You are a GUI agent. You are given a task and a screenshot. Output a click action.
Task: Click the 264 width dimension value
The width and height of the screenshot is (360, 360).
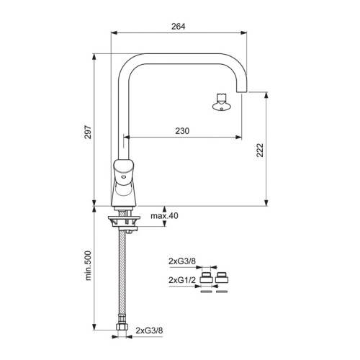[179, 27]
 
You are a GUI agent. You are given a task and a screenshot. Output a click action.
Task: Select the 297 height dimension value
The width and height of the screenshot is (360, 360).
[88, 132]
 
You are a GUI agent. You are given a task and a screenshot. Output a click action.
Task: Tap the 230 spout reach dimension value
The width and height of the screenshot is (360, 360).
[182, 131]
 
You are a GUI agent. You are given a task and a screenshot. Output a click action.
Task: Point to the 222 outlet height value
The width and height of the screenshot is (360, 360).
[260, 150]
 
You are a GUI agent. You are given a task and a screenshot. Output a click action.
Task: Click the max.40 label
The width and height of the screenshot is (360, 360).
[164, 216]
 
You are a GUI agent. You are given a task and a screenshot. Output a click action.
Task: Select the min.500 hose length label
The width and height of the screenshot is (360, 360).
[88, 266]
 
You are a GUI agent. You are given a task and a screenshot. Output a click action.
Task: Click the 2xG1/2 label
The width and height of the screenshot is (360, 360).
[182, 280]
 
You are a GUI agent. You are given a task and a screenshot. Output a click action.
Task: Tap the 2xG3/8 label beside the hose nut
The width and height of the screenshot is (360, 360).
[149, 330]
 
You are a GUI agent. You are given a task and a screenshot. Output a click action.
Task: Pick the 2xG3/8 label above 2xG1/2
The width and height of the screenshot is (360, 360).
[182, 261]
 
